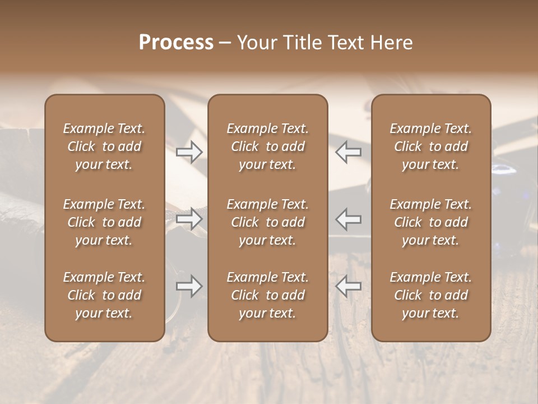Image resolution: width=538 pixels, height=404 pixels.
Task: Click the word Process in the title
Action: click(176, 43)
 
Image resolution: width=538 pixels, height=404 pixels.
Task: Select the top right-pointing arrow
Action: click(189, 152)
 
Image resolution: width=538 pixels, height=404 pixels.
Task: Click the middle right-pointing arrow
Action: click(189, 219)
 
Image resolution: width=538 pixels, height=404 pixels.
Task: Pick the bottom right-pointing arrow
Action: click(189, 286)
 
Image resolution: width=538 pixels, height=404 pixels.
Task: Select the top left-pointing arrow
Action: click(349, 152)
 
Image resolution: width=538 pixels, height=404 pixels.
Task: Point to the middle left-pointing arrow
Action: click(349, 219)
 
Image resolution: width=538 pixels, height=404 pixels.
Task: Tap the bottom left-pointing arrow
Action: click(349, 286)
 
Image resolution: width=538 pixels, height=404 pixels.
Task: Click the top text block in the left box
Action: click(104, 146)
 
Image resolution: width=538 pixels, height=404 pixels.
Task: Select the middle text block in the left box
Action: click(104, 222)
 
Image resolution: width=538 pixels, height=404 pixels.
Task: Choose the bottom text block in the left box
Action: click(104, 295)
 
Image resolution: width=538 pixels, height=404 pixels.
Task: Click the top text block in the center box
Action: click(267, 146)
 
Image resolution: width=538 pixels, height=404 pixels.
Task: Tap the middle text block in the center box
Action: click(267, 222)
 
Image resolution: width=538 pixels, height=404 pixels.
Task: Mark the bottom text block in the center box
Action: click(267, 295)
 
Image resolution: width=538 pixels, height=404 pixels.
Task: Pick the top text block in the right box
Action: click(430, 146)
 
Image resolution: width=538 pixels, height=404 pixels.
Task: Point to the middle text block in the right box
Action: click(430, 222)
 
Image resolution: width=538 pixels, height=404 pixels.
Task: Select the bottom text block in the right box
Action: click(430, 295)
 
